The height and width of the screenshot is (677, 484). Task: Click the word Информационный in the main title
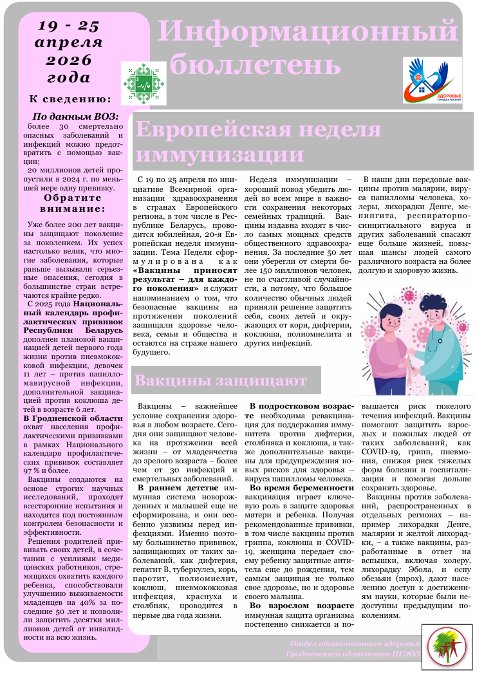[308, 31]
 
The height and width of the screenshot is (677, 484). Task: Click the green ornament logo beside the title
[145, 83]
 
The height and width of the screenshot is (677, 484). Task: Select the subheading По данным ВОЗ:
[75, 116]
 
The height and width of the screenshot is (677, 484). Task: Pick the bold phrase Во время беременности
[302, 488]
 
